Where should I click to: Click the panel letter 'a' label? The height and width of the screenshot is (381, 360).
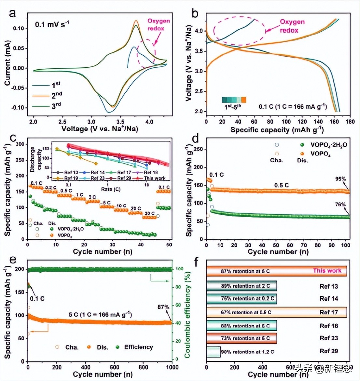[x=12, y=13]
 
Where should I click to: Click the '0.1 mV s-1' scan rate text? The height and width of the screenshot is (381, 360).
[x=52, y=24]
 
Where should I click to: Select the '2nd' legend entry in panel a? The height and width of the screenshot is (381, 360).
[x=57, y=95]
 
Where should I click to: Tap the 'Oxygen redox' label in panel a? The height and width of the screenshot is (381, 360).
[x=159, y=25]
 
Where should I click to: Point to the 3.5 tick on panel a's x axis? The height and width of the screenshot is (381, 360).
[x=120, y=121]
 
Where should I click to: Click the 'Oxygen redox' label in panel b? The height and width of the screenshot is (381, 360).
[x=292, y=26]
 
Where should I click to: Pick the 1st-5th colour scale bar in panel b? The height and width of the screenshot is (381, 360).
[x=234, y=100]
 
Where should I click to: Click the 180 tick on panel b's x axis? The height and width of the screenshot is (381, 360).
[x=350, y=121]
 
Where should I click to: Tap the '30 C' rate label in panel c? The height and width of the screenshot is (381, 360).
[x=149, y=213]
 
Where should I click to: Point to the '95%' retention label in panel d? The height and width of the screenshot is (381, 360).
[x=340, y=179]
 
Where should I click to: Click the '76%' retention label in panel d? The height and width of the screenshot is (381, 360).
[x=340, y=205]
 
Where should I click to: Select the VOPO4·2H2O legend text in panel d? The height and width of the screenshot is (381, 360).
[x=328, y=145]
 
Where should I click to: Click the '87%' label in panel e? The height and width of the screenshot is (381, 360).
[x=163, y=307]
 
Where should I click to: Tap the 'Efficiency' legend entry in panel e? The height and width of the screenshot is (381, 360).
[x=138, y=347]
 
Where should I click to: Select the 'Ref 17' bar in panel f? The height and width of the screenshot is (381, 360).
[x=276, y=312]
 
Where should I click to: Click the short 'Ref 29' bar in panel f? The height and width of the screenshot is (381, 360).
[x=214, y=352]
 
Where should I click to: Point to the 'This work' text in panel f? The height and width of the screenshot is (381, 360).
[x=327, y=271]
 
